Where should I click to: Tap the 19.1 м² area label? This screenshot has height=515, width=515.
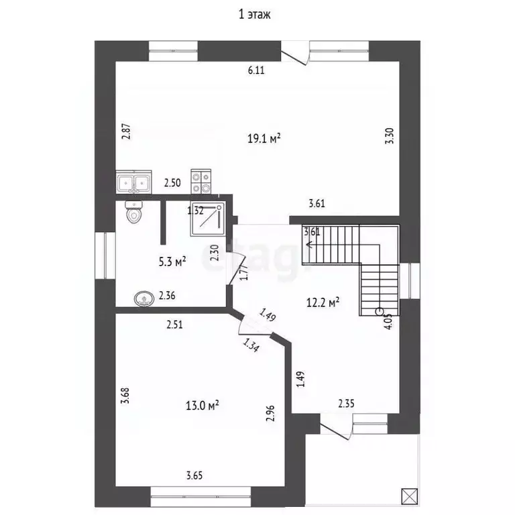tap(264, 139)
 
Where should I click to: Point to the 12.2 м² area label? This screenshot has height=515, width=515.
tap(323, 302)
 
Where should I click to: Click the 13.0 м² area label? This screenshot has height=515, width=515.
tap(203, 405)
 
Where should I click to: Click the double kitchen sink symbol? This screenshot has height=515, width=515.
tap(133, 182)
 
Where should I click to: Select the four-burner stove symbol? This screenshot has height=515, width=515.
tap(202, 179)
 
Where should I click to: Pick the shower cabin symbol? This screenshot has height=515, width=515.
tap(207, 219)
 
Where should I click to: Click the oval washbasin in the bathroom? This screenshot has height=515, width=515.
tap(144, 298)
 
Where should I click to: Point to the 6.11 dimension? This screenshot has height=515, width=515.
tap(257, 70)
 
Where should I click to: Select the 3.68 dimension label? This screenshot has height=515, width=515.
tap(124, 395)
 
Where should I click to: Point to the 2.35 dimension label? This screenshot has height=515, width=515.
tap(346, 404)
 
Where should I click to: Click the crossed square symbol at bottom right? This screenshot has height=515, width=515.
tap(408, 497)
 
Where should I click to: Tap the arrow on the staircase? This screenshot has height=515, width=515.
tap(310, 245)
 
